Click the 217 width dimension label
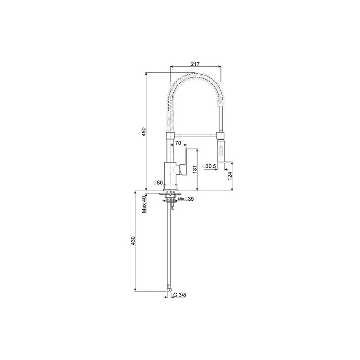tap(195, 64)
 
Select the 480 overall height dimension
tap(144, 131)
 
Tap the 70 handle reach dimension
tap(178, 143)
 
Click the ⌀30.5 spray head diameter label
tap(209, 166)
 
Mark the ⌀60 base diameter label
tap(158, 183)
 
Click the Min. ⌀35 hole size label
tap(186, 199)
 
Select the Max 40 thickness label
tap(144, 205)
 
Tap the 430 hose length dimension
tap(133, 240)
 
